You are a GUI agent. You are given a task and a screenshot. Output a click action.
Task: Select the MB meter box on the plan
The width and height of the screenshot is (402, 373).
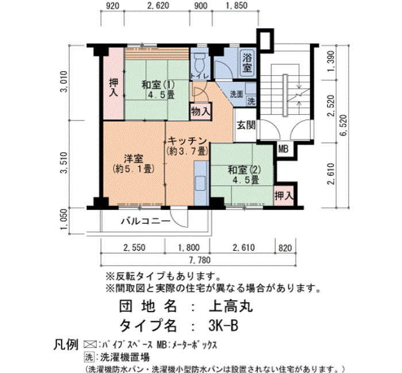pyautogui.click(x=283, y=149)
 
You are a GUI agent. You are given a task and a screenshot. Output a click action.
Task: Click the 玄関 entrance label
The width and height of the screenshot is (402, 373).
pyautogui.click(x=246, y=125)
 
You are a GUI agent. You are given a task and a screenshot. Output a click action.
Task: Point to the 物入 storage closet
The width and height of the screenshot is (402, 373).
pyautogui.click(x=201, y=111)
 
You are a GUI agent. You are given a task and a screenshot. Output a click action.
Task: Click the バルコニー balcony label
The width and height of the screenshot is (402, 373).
pyautogui.click(x=146, y=220)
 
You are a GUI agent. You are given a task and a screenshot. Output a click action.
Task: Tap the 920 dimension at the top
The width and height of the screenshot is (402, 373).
pyautogui.click(x=113, y=6)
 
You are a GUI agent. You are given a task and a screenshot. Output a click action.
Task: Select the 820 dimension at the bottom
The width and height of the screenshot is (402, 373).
pyautogui.click(x=285, y=248)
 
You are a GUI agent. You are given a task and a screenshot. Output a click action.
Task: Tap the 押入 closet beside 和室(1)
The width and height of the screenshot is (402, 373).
pyautogui.click(x=114, y=84)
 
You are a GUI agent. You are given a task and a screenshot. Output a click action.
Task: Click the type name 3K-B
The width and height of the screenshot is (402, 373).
pyautogui.click(x=223, y=325)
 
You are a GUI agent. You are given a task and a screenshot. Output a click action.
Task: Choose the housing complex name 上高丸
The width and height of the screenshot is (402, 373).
pyautogui.click(x=231, y=306)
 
